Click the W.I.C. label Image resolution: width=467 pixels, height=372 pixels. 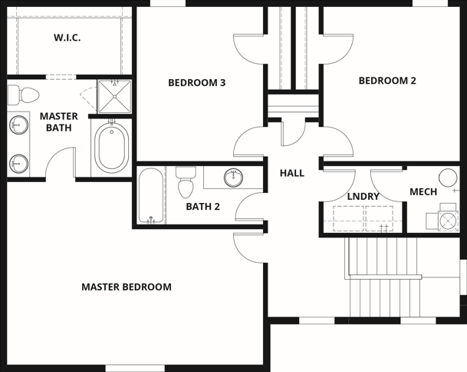(67, 38)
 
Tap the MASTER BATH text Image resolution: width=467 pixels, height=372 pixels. (59, 121)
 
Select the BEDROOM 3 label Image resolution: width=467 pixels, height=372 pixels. (197, 83)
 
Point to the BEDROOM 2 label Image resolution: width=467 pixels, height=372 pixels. (387, 81)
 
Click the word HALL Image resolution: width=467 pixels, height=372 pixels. (292, 173)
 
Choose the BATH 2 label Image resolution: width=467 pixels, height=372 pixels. (202, 207)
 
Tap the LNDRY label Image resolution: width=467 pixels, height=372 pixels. (363, 197)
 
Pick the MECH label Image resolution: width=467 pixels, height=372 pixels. (423, 191)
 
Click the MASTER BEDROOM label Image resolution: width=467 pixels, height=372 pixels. (127, 287)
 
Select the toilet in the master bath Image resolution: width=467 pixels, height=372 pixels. (23, 95)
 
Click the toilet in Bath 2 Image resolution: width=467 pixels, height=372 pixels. (186, 182)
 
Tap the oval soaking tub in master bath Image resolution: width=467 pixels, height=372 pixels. (112, 148)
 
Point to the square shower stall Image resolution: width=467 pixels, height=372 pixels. (114, 96)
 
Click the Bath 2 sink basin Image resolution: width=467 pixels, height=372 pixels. (233, 178)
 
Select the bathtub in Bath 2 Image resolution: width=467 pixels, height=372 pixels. (151, 195)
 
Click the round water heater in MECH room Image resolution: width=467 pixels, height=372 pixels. (448, 178)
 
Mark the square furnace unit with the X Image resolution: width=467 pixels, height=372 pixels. (449, 221)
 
